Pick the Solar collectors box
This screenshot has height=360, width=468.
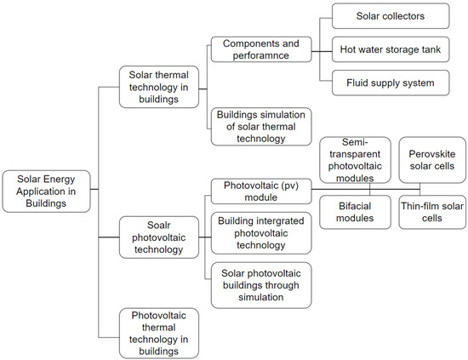point(379,17)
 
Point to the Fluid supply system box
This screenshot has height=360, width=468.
point(379,84)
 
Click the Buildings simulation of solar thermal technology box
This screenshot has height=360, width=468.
point(260,126)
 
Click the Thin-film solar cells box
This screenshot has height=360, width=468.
point(432,213)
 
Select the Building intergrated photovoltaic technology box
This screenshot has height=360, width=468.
point(260,232)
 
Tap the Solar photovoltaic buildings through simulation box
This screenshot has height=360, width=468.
point(260,283)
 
